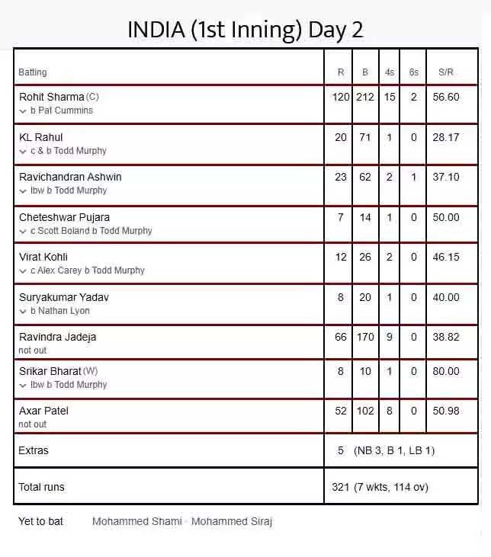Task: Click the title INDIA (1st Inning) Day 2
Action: (245, 30)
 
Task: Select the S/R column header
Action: (446, 72)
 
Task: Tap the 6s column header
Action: (413, 72)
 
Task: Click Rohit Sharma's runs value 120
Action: (341, 98)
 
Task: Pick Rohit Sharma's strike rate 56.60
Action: (446, 98)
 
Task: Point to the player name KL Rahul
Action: (41, 137)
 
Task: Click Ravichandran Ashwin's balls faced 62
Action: (365, 177)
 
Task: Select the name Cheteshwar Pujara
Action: (64, 217)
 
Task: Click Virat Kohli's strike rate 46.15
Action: (446, 257)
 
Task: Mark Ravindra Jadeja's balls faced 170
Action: (365, 337)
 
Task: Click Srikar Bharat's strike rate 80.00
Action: (446, 371)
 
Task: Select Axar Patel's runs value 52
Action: (341, 411)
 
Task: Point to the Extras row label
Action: (34, 450)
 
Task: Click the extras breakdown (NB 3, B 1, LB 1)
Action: (394, 450)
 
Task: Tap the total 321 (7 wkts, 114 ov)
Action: (380, 487)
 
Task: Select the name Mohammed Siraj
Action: (232, 521)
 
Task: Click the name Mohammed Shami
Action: (136, 521)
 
